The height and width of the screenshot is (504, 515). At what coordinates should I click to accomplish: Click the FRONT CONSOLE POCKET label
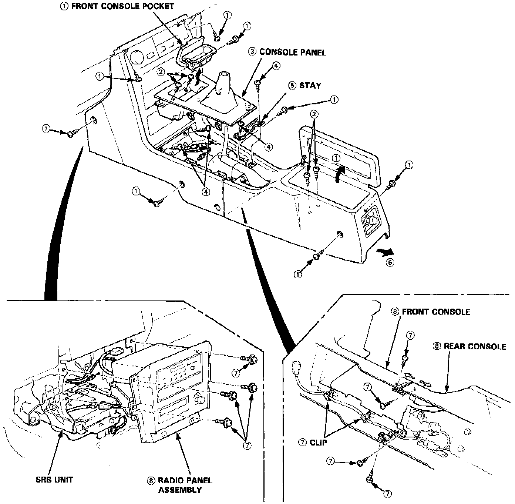tap(122, 6)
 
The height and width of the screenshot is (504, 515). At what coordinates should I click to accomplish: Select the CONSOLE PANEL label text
tap(292, 52)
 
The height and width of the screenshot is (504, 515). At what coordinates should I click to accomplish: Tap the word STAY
tap(310, 85)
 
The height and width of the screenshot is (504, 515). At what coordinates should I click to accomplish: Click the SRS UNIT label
tap(54, 480)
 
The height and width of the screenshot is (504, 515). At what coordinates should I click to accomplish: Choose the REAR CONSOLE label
tap(474, 347)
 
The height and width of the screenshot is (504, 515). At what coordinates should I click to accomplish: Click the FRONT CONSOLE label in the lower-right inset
tap(436, 312)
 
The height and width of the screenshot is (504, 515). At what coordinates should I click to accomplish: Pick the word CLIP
tap(319, 442)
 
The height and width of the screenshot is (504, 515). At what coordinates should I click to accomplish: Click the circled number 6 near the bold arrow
tap(390, 263)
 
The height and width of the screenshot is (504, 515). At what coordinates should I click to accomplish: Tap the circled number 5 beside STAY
tap(292, 85)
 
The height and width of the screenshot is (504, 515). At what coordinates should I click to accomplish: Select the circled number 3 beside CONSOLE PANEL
tap(252, 52)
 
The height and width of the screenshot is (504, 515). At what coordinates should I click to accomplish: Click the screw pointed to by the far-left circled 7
tap(71, 132)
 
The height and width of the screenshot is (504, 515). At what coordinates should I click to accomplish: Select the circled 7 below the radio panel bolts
tap(247, 446)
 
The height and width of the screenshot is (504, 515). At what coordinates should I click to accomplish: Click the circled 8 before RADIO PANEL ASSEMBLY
tap(151, 481)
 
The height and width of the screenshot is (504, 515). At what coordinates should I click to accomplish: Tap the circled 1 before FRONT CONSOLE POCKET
tap(64, 6)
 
